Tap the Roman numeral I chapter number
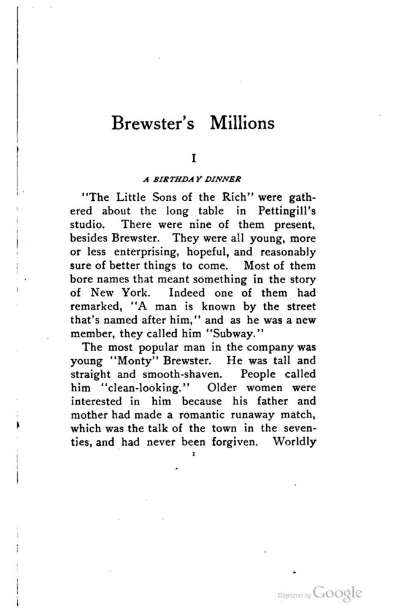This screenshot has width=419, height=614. pos(194,158)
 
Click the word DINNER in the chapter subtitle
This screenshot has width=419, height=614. pos(223,180)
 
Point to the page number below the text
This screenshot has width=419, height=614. pos(193,456)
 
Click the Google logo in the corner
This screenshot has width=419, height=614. pos(337,593)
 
